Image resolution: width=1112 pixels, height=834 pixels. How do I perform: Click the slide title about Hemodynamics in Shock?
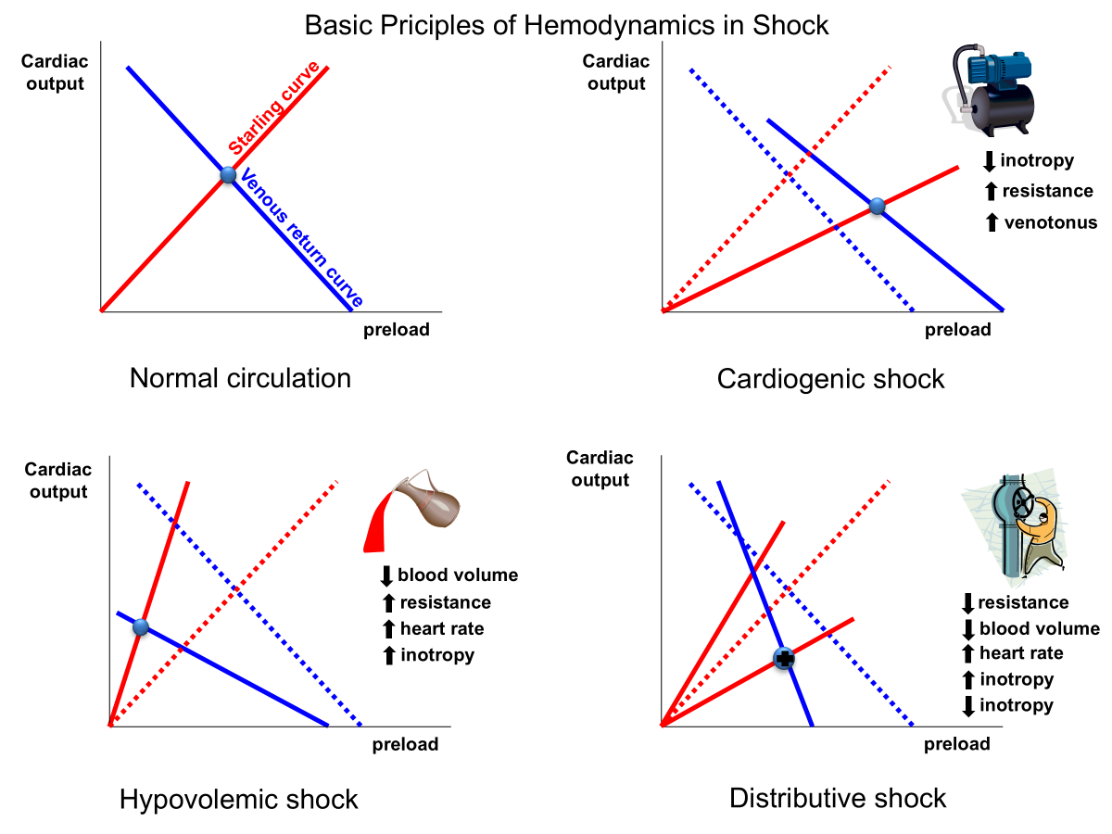[567, 25]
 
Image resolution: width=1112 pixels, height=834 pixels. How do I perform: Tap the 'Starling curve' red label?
[274, 108]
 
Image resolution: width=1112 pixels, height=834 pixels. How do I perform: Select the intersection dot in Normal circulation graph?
[228, 174]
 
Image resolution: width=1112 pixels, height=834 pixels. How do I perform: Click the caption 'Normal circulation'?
[240, 378]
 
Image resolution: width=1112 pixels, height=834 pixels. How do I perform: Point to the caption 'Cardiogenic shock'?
[830, 378]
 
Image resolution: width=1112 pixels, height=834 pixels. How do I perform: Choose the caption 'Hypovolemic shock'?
[238, 800]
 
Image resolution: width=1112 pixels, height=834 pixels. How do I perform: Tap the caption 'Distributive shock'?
[838, 798]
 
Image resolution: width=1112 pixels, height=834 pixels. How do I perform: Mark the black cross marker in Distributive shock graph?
[784, 659]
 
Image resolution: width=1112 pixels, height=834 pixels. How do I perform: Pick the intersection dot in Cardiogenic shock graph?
[878, 207]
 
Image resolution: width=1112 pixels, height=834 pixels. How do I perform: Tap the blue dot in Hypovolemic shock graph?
[141, 627]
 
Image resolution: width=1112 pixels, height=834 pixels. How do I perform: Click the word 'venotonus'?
[1050, 222]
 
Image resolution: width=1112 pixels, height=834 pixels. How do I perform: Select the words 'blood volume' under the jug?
[458, 575]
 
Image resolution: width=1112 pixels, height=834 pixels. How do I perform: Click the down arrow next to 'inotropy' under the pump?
[989, 161]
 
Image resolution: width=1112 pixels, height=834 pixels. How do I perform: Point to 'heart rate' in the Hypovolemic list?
[442, 629]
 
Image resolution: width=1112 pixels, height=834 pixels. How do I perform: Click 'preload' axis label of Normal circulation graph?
[396, 330]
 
